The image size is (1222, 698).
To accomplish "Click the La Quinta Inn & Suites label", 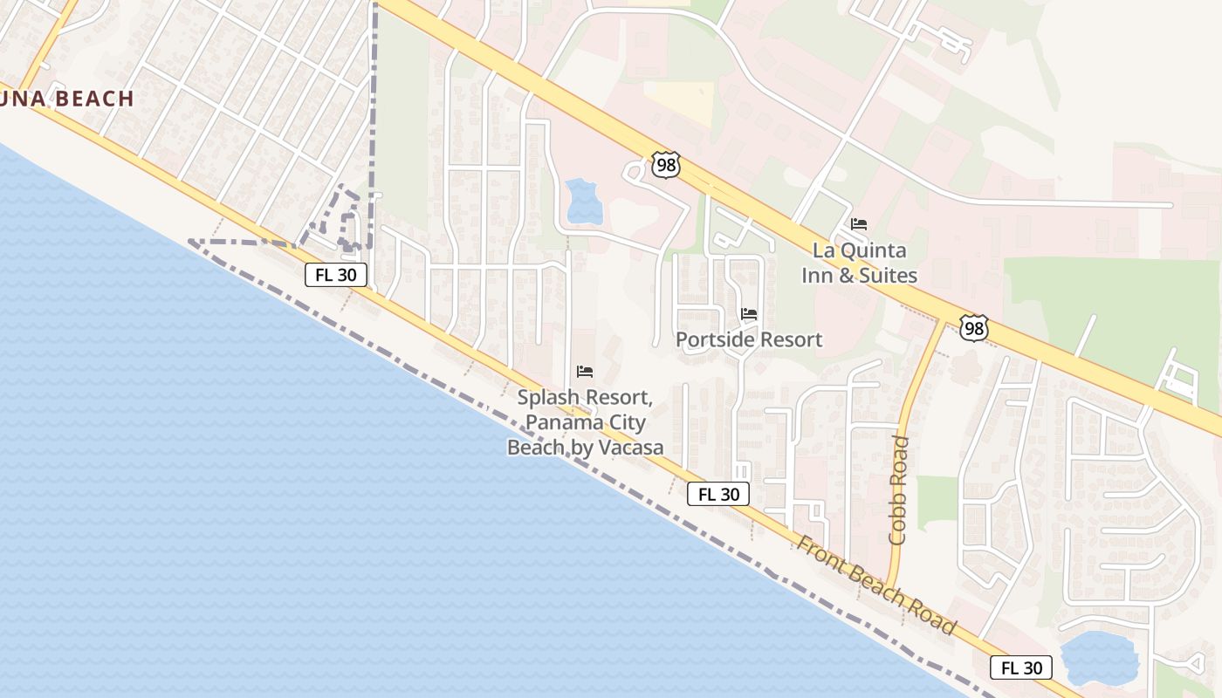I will point(859,263).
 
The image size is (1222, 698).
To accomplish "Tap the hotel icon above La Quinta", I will point(859,224).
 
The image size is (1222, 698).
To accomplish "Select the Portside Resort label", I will point(749,339).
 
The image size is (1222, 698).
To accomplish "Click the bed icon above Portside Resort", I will point(749,314).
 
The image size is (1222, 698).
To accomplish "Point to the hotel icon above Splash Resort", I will point(585,373).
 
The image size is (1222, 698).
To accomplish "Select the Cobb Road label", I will point(898,490).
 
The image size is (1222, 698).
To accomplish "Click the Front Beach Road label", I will point(875,585).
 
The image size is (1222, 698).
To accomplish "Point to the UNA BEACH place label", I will point(66,99).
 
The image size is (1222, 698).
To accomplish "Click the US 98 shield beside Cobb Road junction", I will point(973,328).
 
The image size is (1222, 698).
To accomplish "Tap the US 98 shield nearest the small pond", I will point(665,165).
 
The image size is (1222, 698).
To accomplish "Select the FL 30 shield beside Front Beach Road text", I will point(718,494).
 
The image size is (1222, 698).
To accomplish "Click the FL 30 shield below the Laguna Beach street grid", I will point(336,275).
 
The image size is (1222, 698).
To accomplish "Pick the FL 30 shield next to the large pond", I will point(1021,668).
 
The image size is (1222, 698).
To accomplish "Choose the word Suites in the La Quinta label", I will point(884,276).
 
